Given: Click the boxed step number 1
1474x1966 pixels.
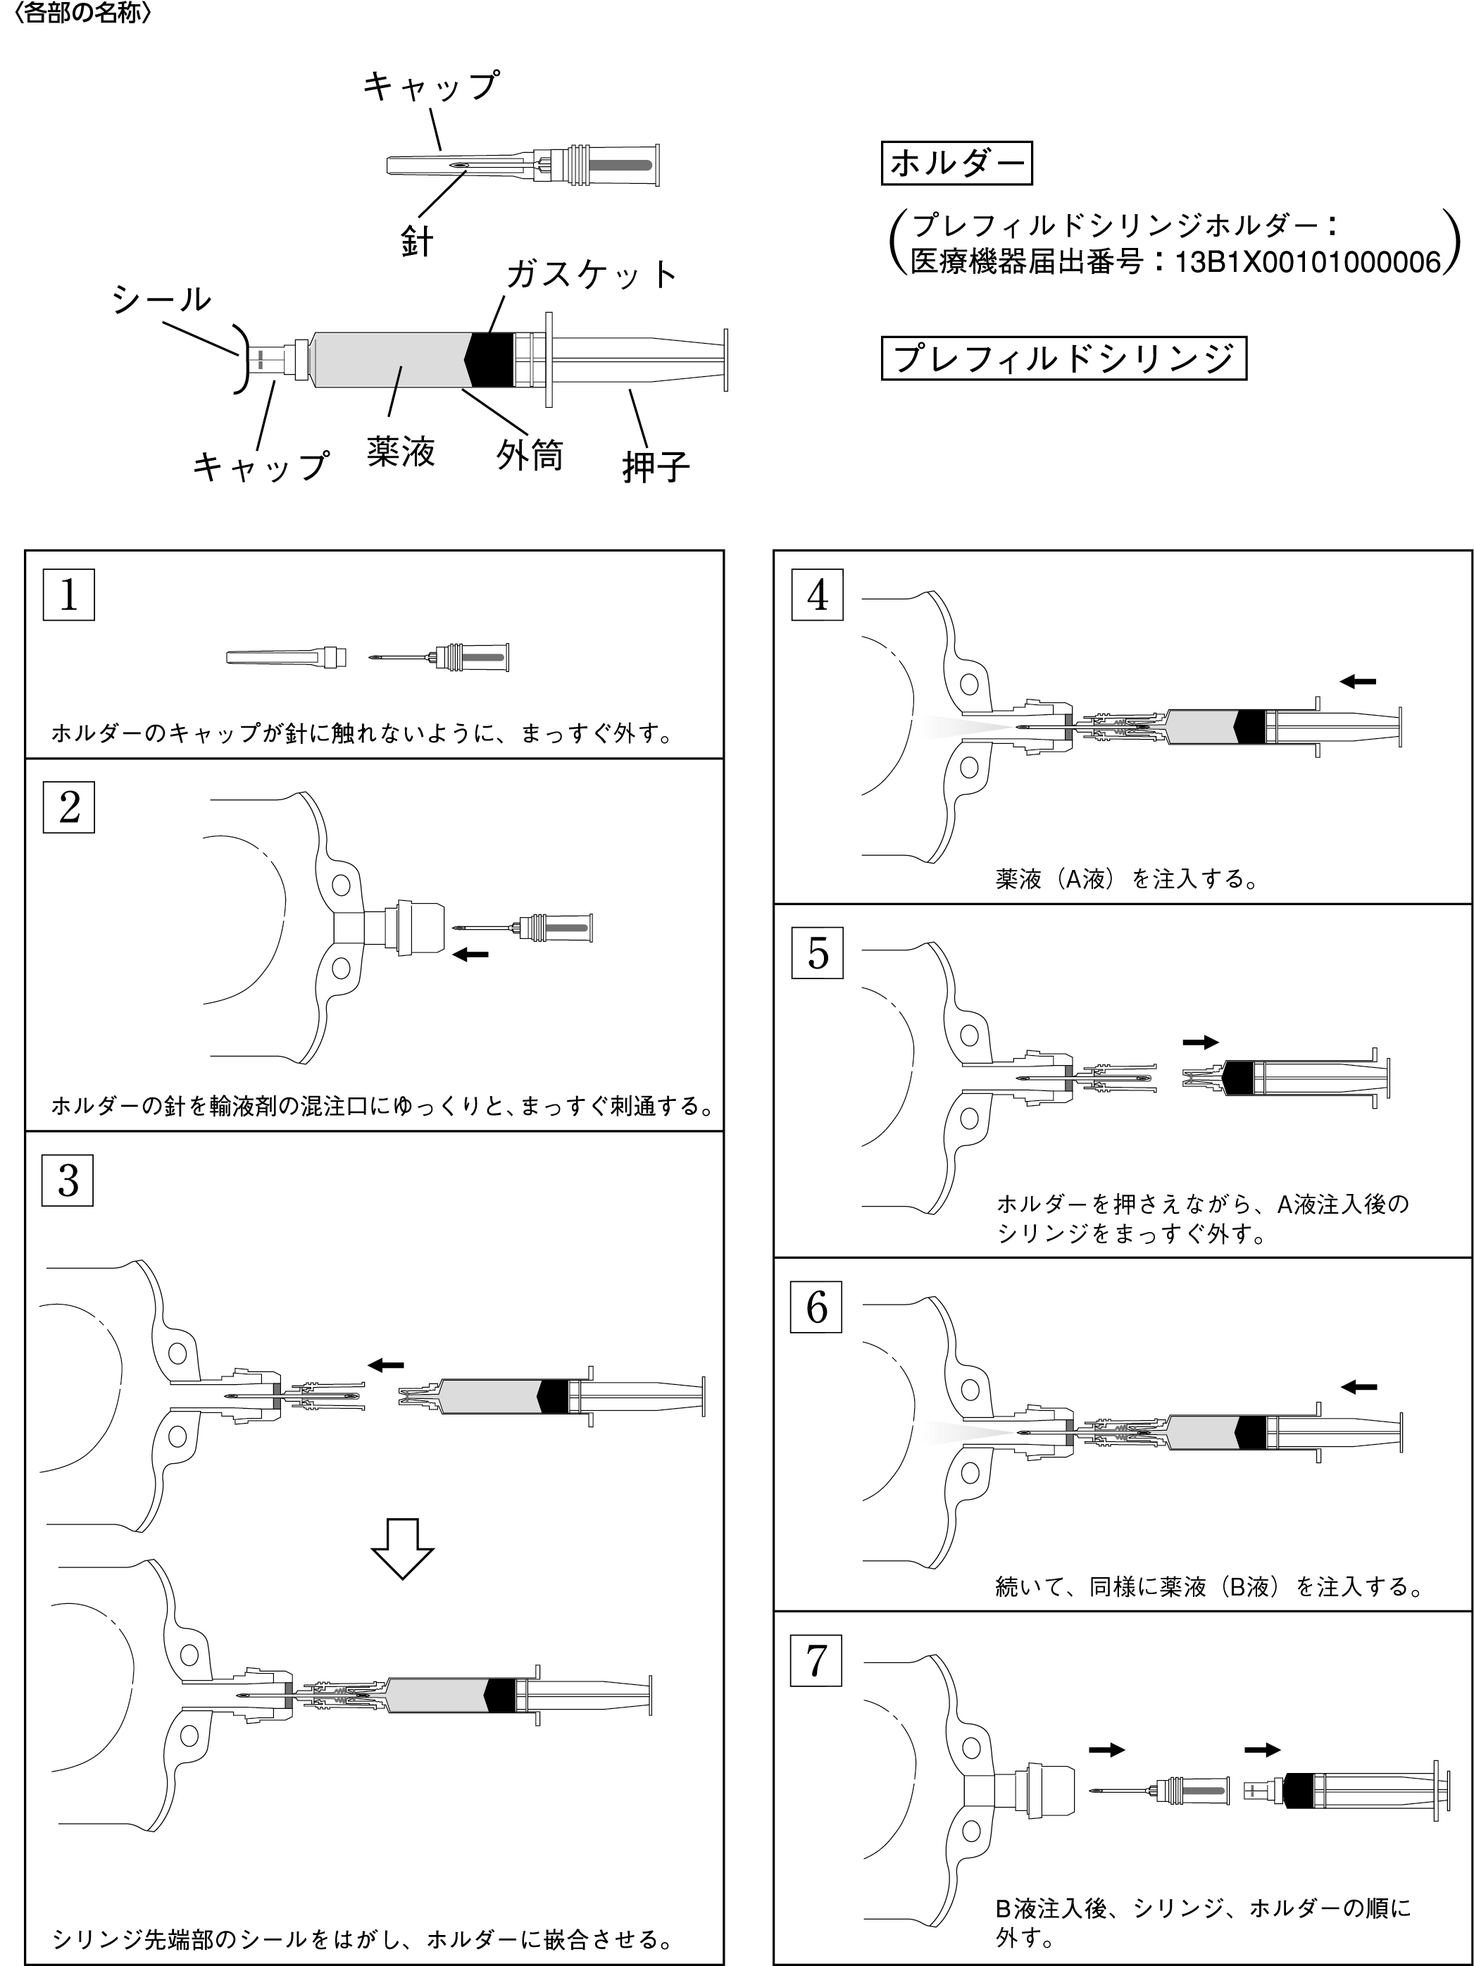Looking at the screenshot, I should (68, 595).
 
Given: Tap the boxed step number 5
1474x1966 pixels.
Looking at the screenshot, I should (816, 953).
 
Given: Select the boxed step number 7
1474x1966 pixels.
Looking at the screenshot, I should (816, 1662).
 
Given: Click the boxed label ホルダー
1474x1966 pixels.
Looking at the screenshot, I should (956, 163).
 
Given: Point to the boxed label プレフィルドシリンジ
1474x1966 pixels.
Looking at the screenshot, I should (1063, 358).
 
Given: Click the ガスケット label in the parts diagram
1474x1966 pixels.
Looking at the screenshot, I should (592, 275).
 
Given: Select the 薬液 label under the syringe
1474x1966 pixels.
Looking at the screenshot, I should (401, 452).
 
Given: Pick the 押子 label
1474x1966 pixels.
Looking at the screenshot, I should (656, 466).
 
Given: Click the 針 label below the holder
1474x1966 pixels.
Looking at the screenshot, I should (417, 241).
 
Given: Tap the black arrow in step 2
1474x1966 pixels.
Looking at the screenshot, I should (471, 954).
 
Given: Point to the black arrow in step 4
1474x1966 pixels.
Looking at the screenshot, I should (1358, 682).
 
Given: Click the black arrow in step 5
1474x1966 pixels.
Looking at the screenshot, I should (1199, 1043).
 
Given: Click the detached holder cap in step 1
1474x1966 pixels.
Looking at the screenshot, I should (285, 659).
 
